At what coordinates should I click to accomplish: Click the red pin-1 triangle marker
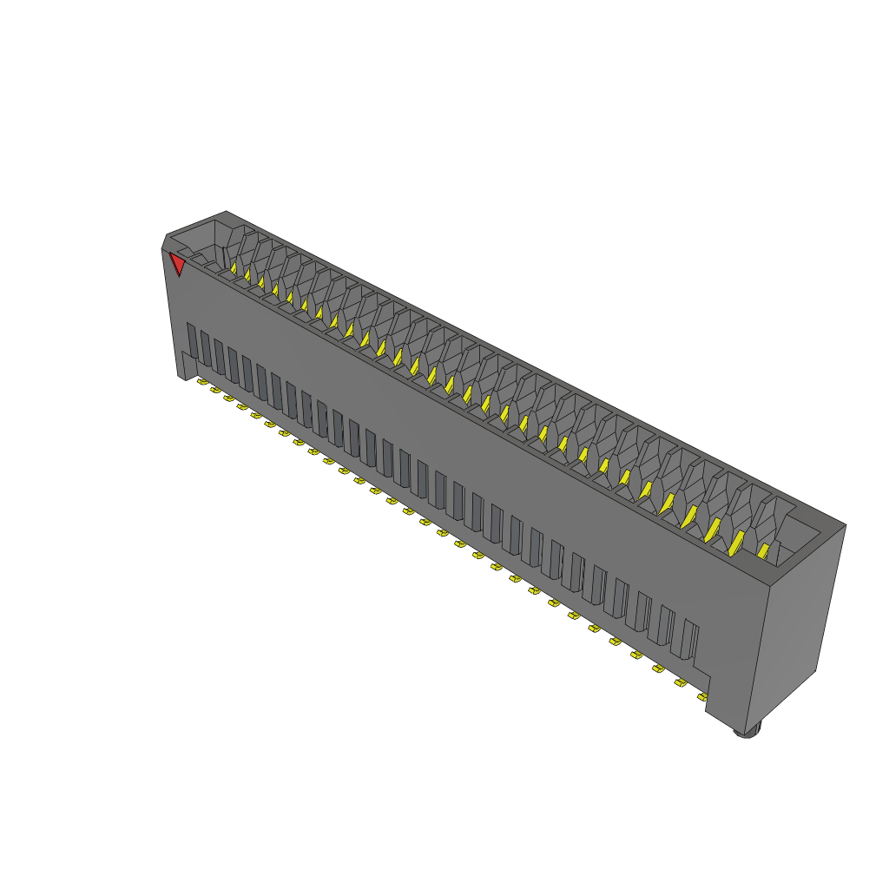(x=178, y=264)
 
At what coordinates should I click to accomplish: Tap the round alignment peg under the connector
(x=747, y=731)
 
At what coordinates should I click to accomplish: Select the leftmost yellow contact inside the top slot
(x=234, y=269)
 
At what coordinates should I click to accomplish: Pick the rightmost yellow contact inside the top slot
(x=764, y=551)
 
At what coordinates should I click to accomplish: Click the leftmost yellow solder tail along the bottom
(x=201, y=381)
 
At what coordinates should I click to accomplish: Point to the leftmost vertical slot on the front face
(x=193, y=344)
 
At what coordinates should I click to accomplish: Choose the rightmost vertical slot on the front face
(x=690, y=641)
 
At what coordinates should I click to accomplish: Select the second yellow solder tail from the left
(x=215, y=390)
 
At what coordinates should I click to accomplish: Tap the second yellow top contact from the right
(x=736, y=543)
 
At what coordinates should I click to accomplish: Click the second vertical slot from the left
(x=207, y=350)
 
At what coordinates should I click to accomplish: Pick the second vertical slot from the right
(x=666, y=627)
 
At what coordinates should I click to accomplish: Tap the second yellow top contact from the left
(x=247, y=276)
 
